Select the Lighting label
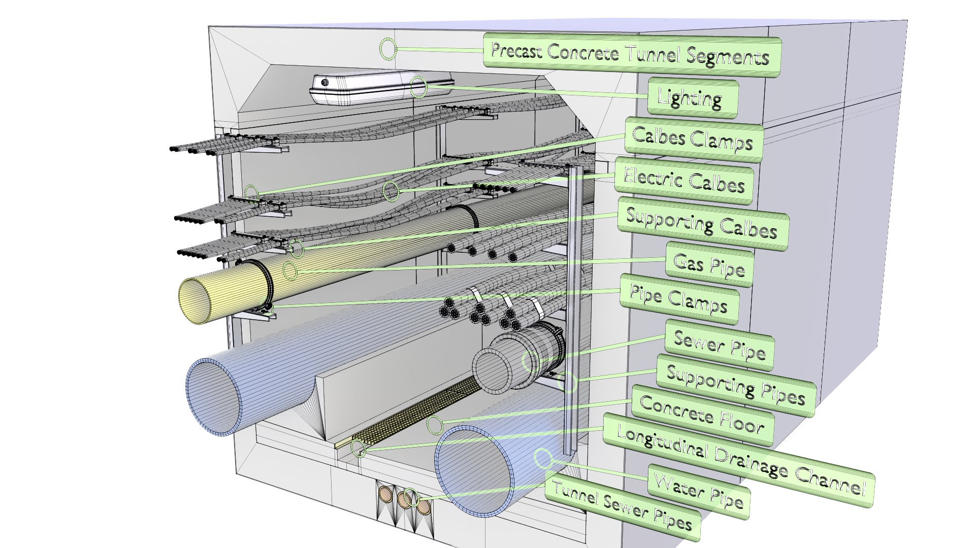click(x=691, y=98)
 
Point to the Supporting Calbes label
click(x=702, y=224)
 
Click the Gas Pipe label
click(x=709, y=265)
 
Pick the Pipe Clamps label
click(x=679, y=300)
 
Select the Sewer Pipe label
click(x=720, y=345)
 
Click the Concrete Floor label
click(x=702, y=416)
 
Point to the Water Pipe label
click(x=699, y=491)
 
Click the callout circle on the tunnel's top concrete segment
click(x=388, y=49)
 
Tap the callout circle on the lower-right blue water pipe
click(x=543, y=458)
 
